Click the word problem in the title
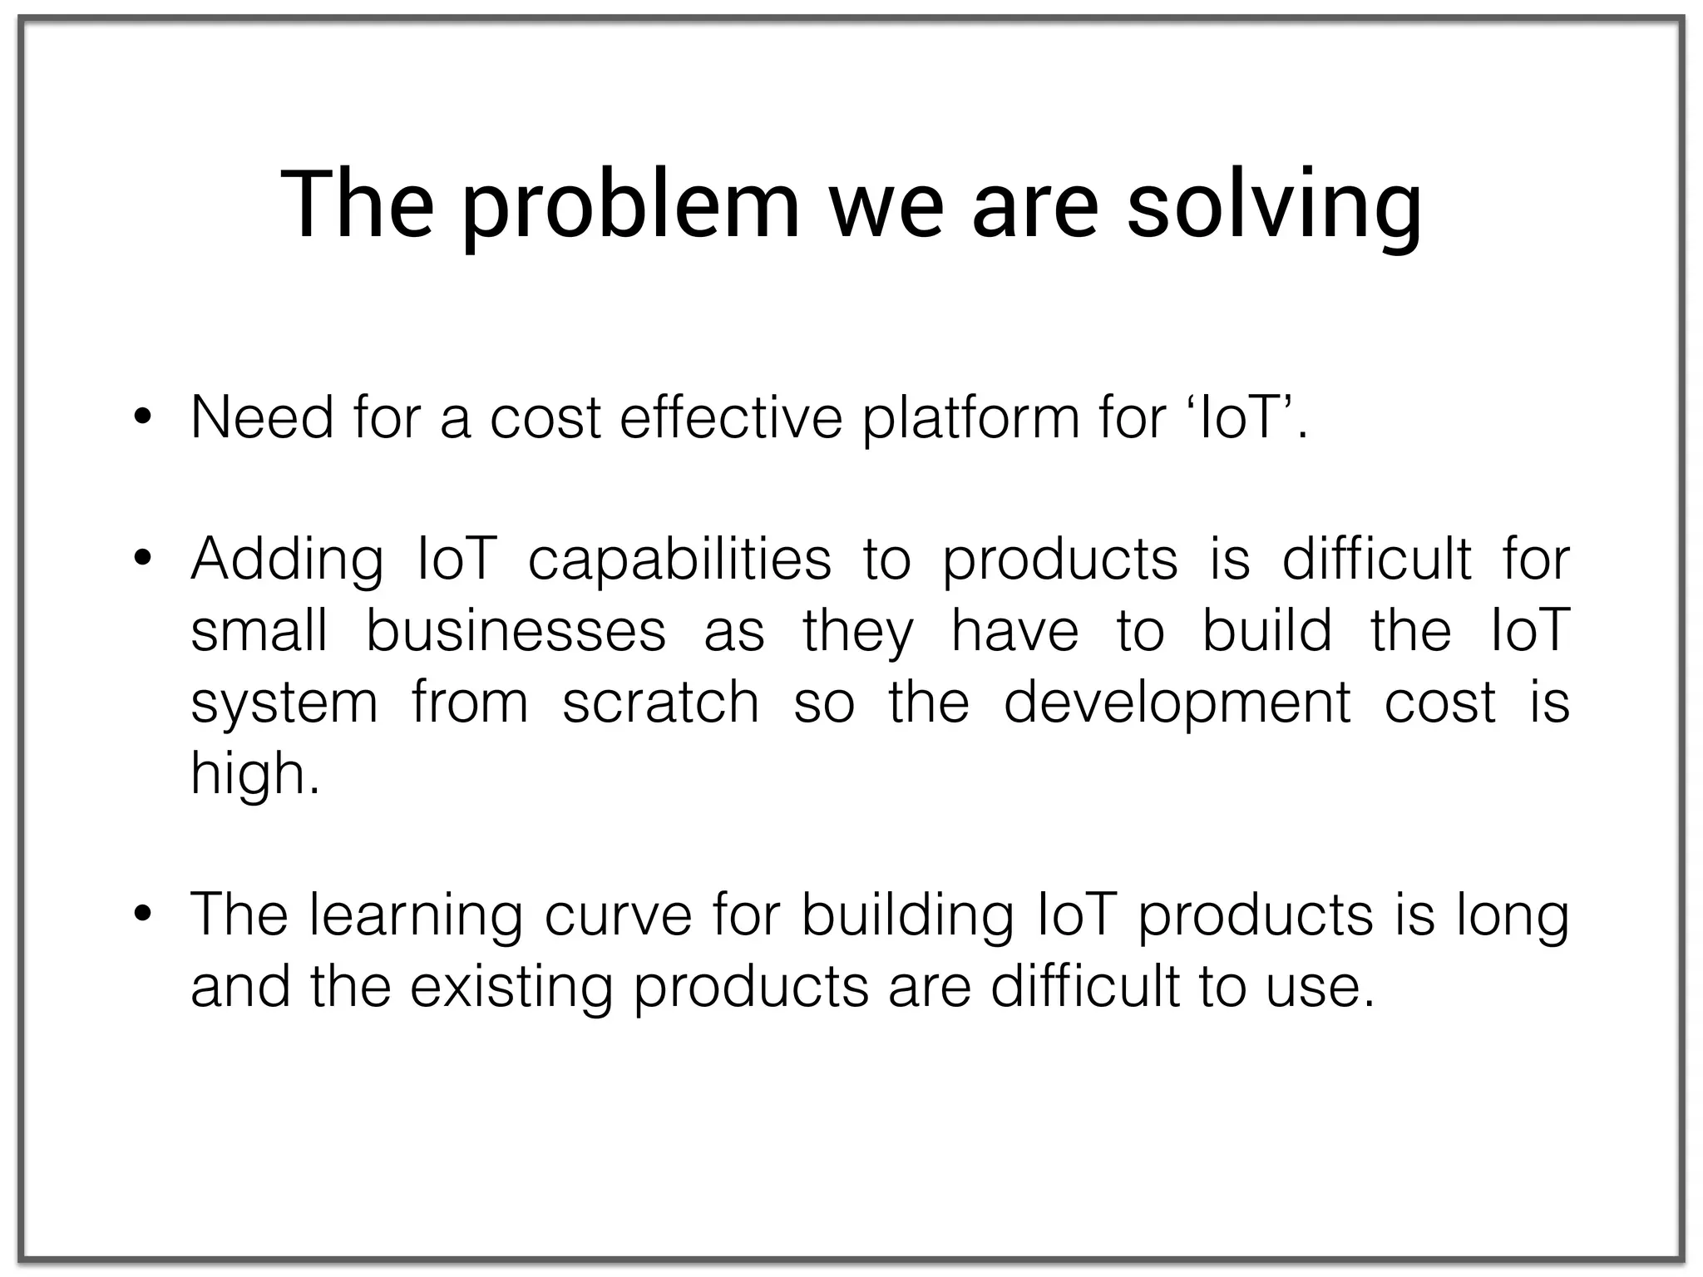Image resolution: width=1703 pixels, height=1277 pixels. [629, 208]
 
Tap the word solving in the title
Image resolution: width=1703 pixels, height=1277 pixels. [1274, 208]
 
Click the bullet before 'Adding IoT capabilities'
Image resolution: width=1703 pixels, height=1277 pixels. [142, 558]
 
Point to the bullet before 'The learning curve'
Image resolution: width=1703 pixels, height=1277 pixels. [142, 915]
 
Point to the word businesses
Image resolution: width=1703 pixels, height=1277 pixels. [516, 630]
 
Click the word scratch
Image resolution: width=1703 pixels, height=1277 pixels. [660, 702]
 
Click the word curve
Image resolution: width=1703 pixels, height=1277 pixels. [618, 915]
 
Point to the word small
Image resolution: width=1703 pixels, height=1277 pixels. [259, 630]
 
